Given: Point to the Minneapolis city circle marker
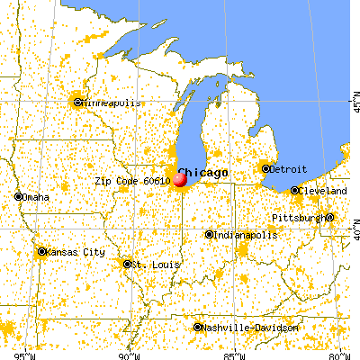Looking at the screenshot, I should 78,102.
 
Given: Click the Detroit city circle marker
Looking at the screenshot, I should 265,168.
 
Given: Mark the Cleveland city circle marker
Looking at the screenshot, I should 295,191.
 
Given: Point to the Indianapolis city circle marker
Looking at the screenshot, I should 210,235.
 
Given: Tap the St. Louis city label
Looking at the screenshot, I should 149,265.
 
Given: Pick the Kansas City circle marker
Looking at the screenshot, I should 41,252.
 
